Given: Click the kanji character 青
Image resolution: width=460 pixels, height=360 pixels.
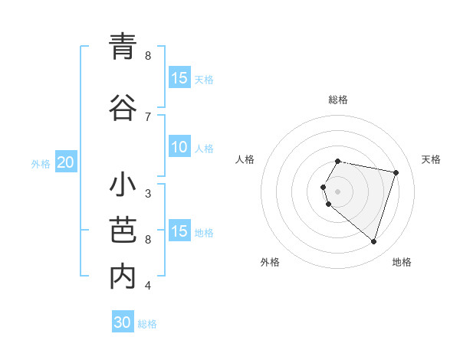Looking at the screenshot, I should coord(123,47).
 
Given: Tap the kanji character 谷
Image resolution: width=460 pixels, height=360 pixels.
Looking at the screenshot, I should coord(123,106).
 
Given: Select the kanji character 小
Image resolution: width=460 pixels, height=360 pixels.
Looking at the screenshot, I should coord(123,186).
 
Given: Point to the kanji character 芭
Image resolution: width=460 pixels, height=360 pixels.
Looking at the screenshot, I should coord(123,231).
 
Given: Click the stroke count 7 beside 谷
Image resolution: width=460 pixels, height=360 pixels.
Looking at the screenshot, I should coord(148,116).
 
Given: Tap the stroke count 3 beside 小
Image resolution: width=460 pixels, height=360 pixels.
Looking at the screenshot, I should coord(148,193).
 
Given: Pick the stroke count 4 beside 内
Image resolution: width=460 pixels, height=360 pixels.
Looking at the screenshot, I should coord(148,286).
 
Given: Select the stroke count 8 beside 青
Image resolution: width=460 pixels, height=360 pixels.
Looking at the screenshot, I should coord(148,55).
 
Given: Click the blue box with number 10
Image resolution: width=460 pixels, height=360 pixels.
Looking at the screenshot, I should coord(179,148).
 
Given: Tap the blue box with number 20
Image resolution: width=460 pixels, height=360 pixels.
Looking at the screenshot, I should coord(66,162).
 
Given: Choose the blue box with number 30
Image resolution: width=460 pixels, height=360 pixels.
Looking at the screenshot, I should coord(123,323).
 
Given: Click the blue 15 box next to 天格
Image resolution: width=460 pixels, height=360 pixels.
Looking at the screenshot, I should coord(179,78).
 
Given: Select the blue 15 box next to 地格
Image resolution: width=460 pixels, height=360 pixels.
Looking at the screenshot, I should coord(179,232).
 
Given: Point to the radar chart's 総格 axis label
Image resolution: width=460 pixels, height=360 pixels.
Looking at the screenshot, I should coord(338,100).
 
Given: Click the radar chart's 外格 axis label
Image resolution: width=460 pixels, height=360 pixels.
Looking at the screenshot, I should coord(270,263).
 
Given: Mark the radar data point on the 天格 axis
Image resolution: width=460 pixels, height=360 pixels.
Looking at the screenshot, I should coord(396,172).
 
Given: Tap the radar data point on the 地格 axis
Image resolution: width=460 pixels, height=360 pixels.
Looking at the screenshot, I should coord(373,241).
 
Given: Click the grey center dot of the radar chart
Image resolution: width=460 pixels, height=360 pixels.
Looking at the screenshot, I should coord(338,191).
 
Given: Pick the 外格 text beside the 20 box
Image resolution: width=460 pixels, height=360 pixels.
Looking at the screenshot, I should coord(41,163).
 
